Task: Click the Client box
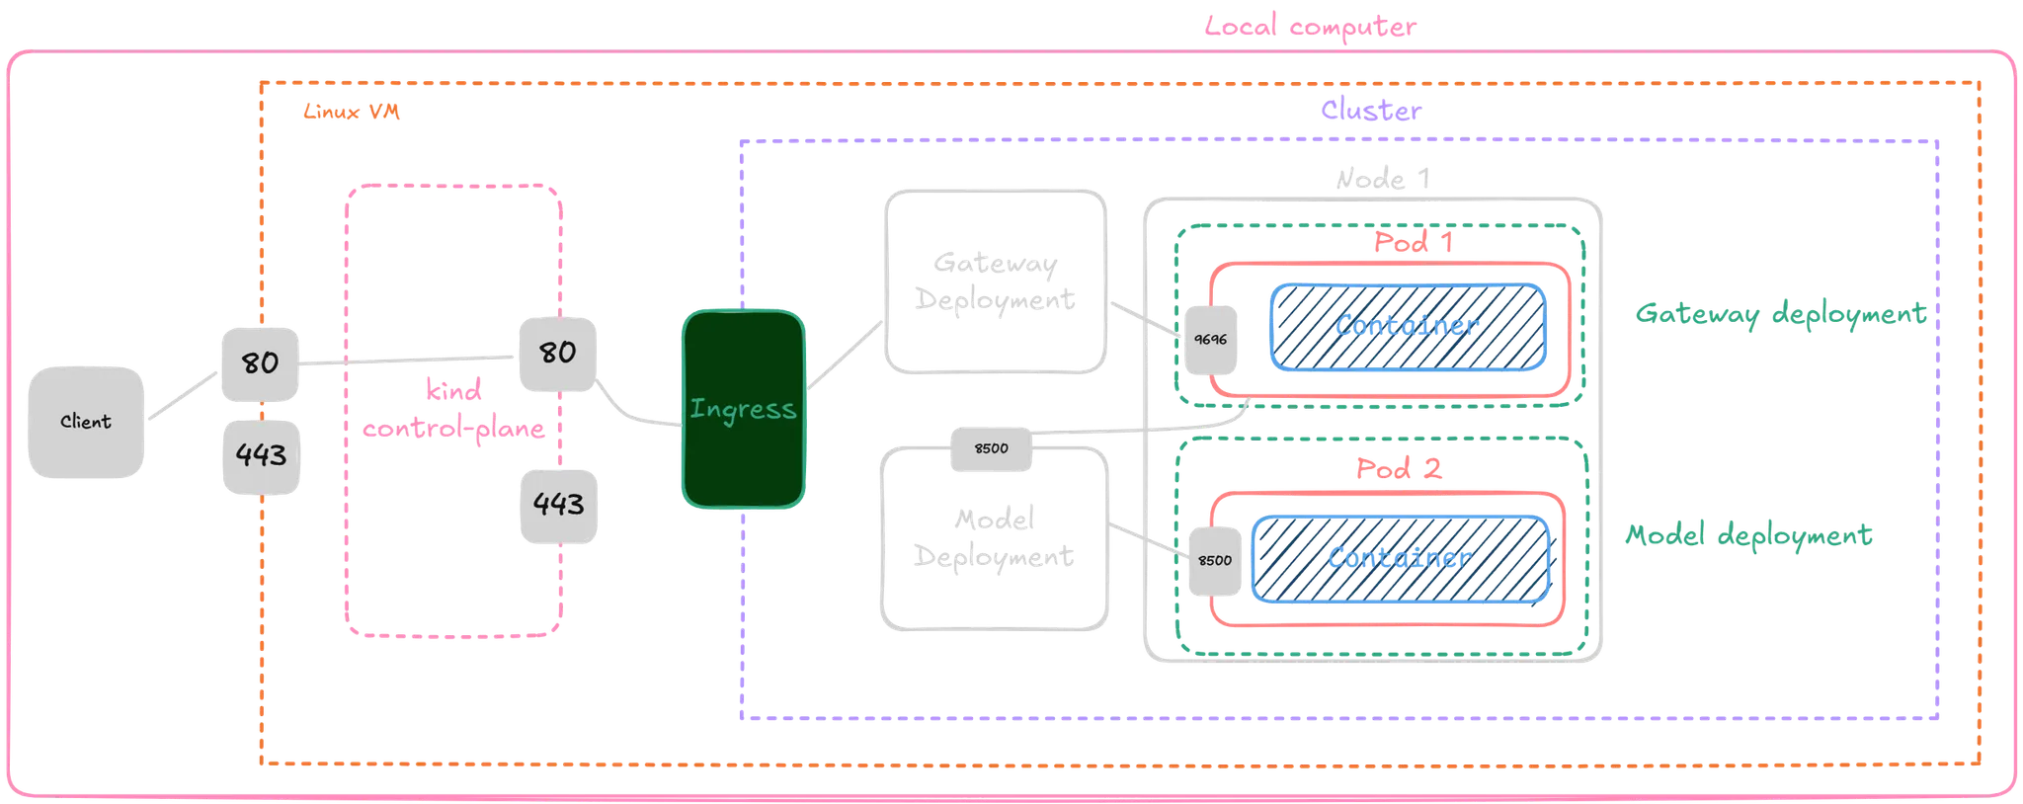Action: pos(86,422)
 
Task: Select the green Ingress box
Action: pos(743,409)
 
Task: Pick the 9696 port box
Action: pos(1210,340)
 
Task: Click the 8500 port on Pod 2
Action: pos(1214,561)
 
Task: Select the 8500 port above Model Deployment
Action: pos(991,448)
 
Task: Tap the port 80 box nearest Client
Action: pos(260,363)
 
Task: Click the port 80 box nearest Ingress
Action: pos(557,353)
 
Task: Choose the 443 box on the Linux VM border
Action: pos(261,455)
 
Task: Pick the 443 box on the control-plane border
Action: pos(558,505)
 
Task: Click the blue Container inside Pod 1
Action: pos(1407,327)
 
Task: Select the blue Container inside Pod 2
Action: pos(1400,559)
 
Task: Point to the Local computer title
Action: pos(1310,27)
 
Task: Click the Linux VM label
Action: pos(352,113)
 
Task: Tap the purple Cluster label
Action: pos(1371,111)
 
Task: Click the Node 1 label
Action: pos(1382,180)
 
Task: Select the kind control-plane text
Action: pos(453,410)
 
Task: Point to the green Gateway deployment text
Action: pos(1780,314)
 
